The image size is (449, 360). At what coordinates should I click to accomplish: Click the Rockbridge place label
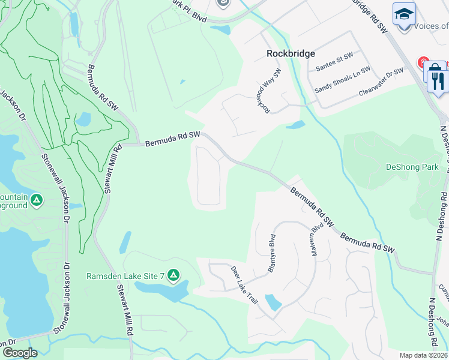point(291,53)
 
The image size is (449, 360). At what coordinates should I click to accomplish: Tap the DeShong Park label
point(412,167)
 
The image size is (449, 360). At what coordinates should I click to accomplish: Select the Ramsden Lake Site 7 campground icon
point(173,275)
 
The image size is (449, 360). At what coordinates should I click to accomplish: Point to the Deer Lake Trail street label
point(244,284)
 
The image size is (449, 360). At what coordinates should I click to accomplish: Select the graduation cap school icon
point(404,13)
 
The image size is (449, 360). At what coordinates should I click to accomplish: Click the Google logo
point(19,353)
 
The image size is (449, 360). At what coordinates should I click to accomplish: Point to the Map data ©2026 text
point(423,355)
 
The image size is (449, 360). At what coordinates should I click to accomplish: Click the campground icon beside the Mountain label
point(37,199)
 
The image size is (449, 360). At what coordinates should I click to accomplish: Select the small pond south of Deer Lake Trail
point(273,302)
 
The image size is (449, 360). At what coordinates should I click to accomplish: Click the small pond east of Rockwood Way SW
point(295,125)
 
